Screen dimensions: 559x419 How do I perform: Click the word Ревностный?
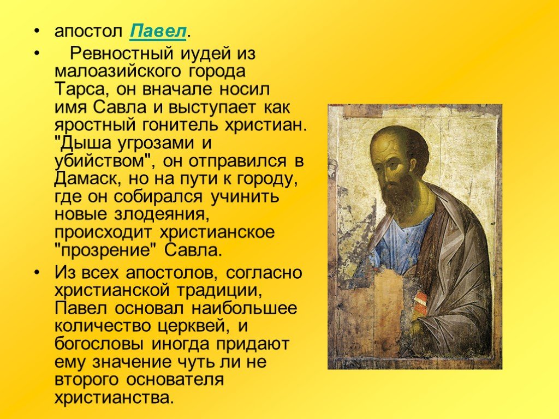point(122,53)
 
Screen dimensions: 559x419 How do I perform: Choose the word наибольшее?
point(244,308)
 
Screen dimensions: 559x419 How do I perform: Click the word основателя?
point(175,380)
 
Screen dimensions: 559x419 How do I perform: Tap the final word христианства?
point(114,398)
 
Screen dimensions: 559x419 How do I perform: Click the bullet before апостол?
point(37,32)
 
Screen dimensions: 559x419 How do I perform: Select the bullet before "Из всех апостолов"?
point(37,273)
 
